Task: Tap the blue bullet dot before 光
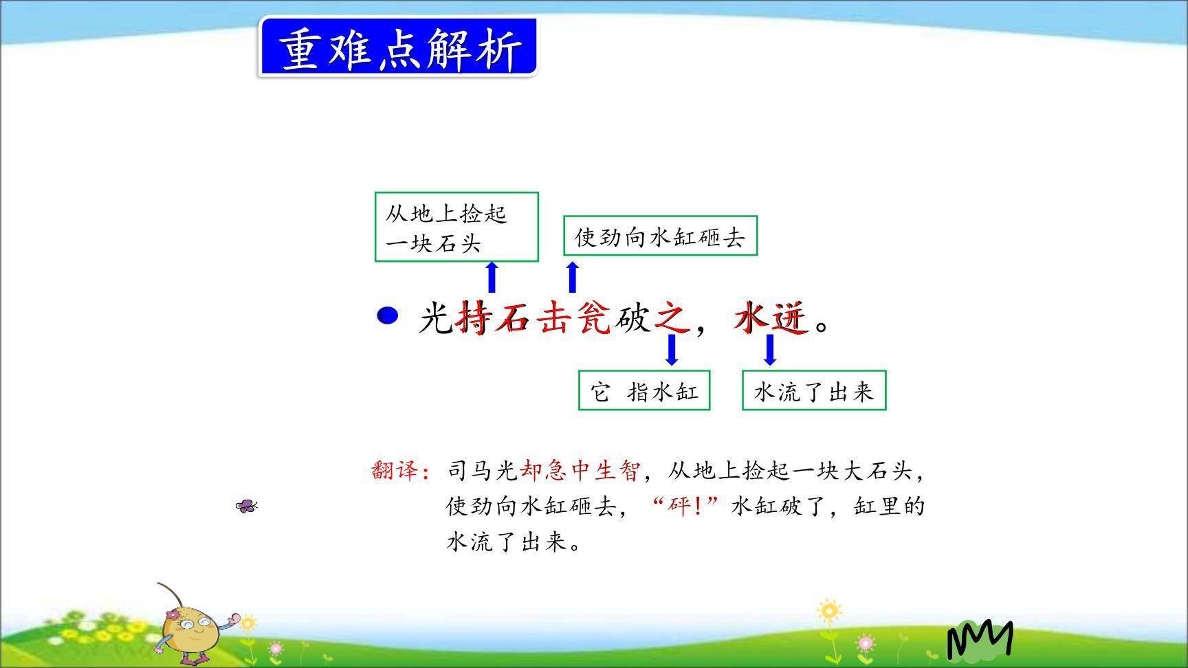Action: coord(388,316)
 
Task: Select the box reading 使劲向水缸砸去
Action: coord(660,236)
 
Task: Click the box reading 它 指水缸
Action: coord(644,390)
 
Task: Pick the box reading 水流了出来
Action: coord(814,390)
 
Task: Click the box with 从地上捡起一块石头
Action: coord(456,227)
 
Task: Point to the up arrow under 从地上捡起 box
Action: coord(491,278)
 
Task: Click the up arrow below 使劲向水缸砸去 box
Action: coord(572,278)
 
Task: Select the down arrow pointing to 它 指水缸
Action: coord(672,349)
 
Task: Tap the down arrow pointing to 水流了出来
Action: coord(770,349)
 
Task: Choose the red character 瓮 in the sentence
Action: coord(593,318)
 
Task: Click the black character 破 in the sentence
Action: coord(632,318)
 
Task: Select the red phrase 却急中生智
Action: coord(580,471)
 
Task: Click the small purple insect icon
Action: coord(246,506)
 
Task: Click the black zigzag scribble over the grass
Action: coord(980,639)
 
